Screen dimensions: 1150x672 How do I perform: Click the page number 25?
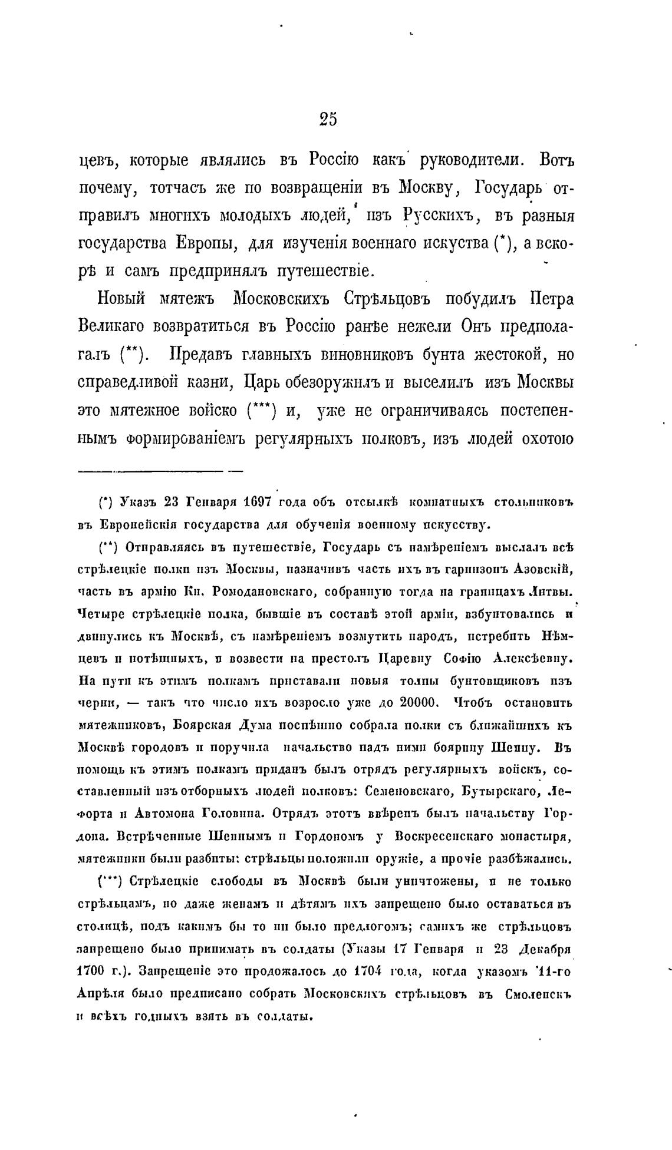[x=328, y=119]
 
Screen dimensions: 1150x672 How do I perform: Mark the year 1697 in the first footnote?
[x=255, y=502]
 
